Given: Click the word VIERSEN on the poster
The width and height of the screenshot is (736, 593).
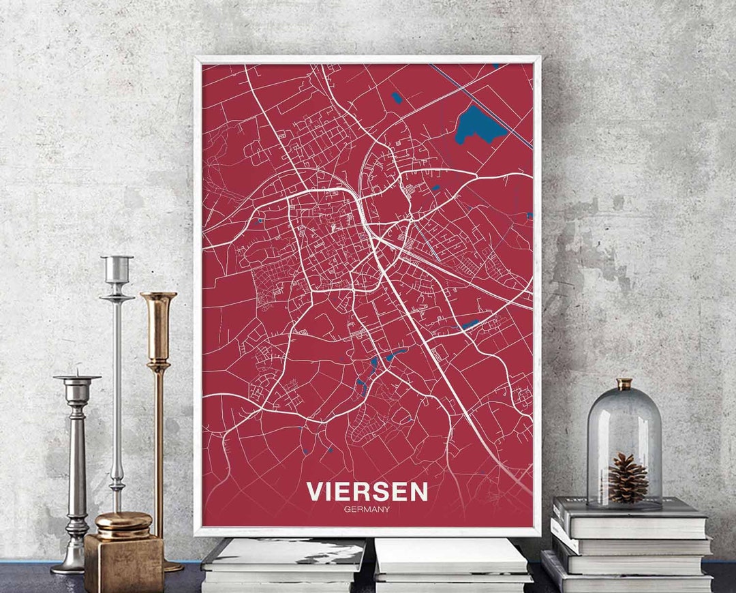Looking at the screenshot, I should coord(367,491).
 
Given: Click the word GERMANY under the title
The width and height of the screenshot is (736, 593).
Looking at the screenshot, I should coord(367,508).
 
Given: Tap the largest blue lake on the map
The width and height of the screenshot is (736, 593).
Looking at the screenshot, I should coord(478,124).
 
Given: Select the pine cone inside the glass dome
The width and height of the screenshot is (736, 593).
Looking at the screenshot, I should coord(628,478).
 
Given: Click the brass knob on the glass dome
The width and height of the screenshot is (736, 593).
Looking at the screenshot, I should coord(624,384).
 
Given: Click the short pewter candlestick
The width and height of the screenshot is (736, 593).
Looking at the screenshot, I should coord(76,470).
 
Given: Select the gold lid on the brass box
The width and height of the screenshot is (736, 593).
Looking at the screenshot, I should coord(123,523).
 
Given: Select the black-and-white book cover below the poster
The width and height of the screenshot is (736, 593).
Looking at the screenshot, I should coord(284,553).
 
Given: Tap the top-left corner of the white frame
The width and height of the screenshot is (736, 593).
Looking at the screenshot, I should coord(197,59).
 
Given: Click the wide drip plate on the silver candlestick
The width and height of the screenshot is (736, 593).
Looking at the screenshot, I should coord(117,297).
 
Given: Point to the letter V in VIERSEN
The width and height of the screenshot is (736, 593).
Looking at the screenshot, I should coord(316,491).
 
